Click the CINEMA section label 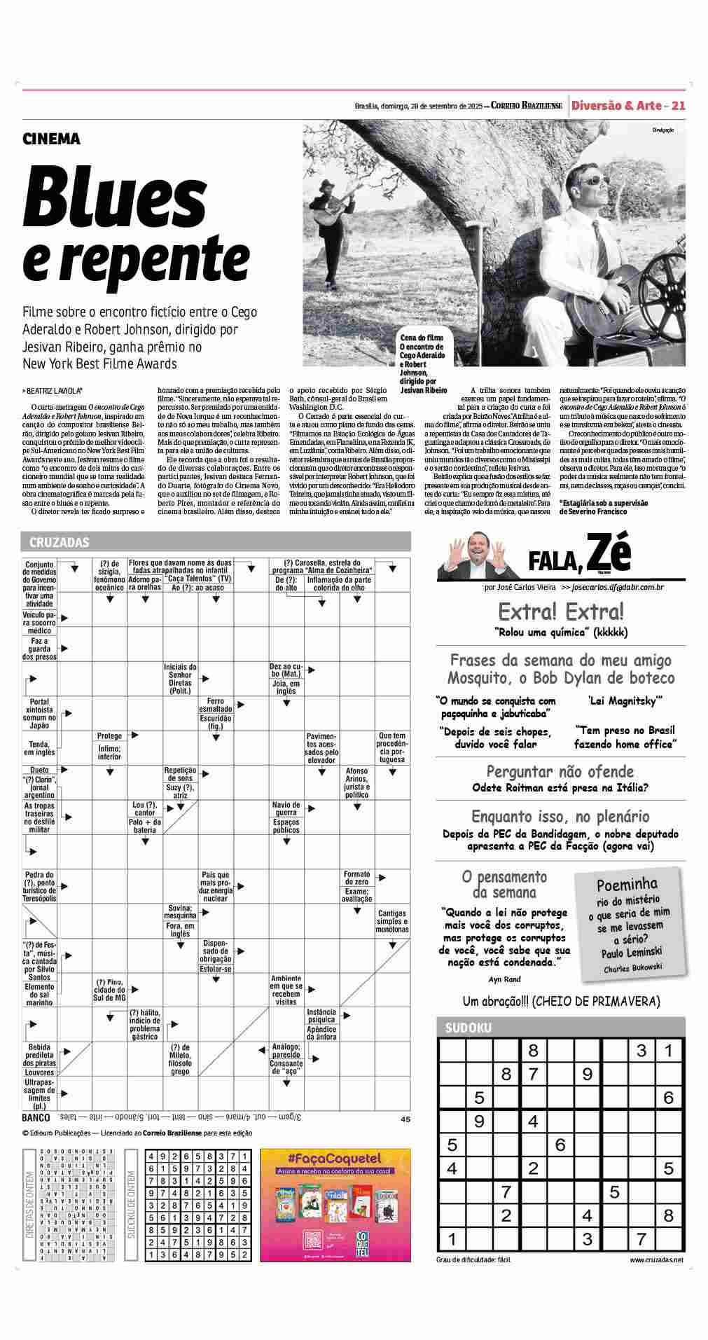point(51,139)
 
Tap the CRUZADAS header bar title point(60,541)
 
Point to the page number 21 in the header point(678,106)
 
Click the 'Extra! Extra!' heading point(560,612)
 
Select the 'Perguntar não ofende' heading point(560,772)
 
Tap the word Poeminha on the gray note point(627,884)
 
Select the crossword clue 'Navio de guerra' point(286,809)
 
